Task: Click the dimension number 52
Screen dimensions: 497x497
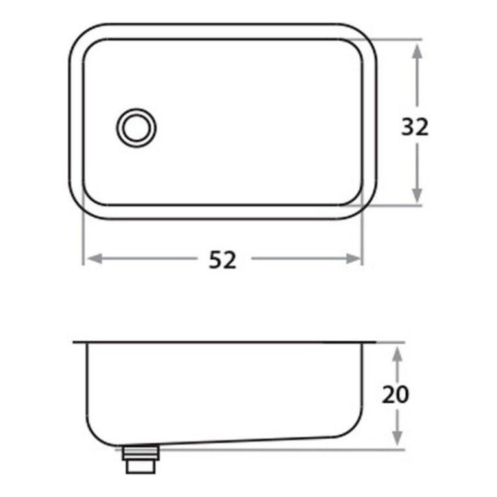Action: [x=223, y=260]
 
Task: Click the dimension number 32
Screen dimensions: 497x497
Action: [x=415, y=127]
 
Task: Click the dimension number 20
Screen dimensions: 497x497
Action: [x=395, y=394]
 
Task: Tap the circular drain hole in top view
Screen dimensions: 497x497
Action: [x=136, y=127]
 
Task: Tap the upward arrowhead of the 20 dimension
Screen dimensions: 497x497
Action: [x=398, y=353]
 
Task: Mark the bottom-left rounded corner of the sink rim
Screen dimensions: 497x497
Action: [x=80, y=208]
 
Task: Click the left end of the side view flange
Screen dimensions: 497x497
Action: [x=75, y=342]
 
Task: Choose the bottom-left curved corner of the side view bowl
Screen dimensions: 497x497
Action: [x=94, y=436]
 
